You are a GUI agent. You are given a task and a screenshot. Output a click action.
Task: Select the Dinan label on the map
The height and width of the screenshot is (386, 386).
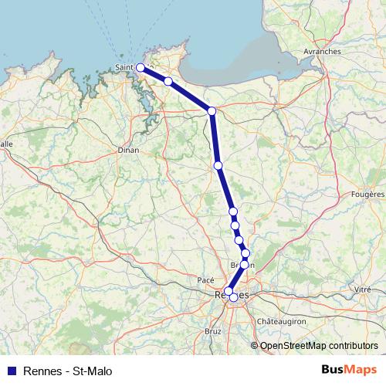pos(128,151)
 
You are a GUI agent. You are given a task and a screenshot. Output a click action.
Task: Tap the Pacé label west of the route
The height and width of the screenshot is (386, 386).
pos(206,279)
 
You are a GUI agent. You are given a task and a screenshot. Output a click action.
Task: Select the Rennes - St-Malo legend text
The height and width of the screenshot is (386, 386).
pos(68,371)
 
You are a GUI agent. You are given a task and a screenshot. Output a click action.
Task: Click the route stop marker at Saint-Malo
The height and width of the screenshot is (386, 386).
pos(141,68)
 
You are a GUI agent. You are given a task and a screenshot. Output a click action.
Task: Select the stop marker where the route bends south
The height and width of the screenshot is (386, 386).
pos(212,111)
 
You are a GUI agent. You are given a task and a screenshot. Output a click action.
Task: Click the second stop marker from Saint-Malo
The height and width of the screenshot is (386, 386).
pos(168,80)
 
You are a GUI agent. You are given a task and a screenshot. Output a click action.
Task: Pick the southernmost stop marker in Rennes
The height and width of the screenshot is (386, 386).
pos(233,297)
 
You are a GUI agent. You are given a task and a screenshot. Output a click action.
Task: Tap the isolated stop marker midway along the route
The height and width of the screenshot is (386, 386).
pos(218,165)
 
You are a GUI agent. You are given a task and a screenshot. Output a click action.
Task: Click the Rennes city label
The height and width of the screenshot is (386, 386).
pos(232,295)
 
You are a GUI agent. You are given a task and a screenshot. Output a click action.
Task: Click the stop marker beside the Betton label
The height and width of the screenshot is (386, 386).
pos(244,264)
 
